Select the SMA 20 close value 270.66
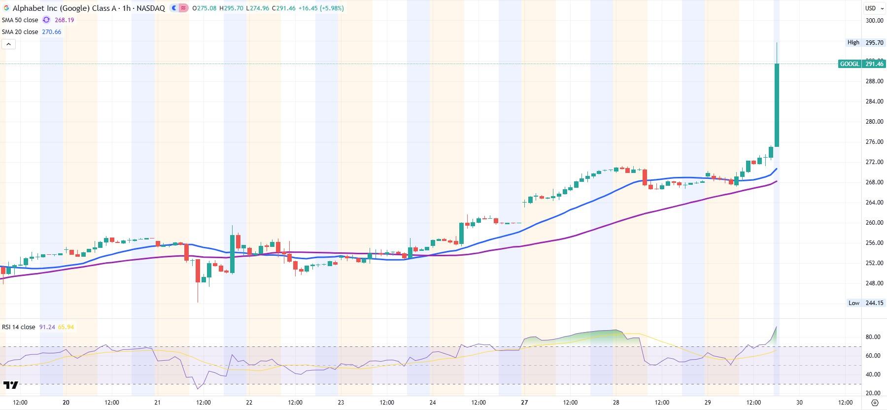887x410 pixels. click(x=51, y=32)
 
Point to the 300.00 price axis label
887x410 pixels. click(x=874, y=21)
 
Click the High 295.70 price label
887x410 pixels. click(x=874, y=43)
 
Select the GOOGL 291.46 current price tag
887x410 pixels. click(x=861, y=64)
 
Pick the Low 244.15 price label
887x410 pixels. click(x=874, y=303)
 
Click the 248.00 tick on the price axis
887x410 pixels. click(x=874, y=283)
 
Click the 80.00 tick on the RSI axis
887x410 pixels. click(x=873, y=337)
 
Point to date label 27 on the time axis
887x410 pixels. click(x=524, y=403)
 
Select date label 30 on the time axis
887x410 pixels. click(x=799, y=403)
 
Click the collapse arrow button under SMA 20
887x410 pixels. click(x=8, y=44)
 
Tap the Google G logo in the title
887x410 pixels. click(x=6, y=8)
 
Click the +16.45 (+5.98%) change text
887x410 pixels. click(x=320, y=8)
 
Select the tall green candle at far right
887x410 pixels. click(x=777, y=104)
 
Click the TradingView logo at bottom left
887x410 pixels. click(x=10, y=385)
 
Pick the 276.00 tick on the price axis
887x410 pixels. click(x=874, y=142)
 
